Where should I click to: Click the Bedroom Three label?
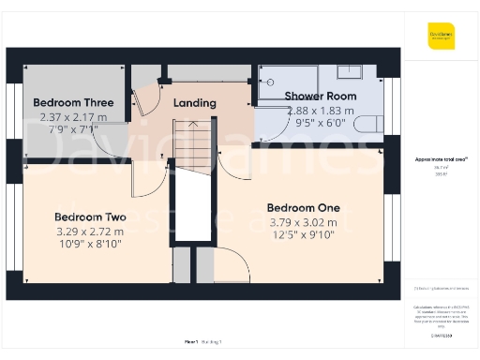point(73,102)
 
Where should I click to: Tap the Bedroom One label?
point(303,207)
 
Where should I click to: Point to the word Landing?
point(195,103)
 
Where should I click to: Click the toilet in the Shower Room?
point(369,123)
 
